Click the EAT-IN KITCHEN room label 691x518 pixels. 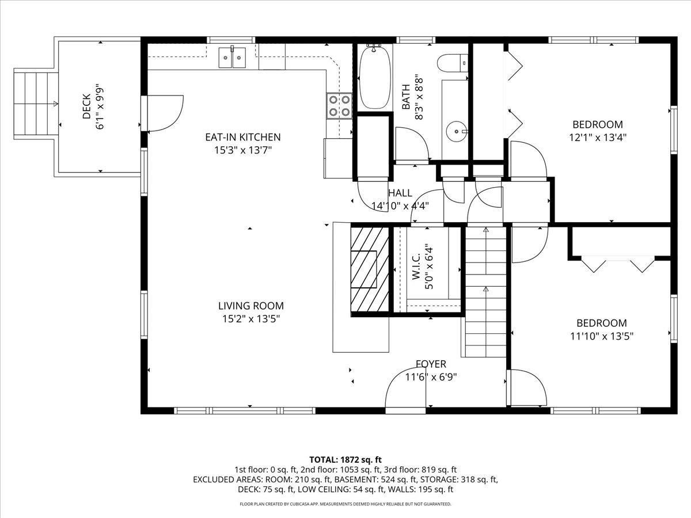pyautogui.click(x=243, y=137)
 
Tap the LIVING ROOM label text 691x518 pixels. pyautogui.click(x=250, y=306)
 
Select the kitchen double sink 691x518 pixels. pyautogui.click(x=232, y=57)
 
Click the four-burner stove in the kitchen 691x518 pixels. pyautogui.click(x=339, y=105)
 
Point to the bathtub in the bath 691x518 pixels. pyautogui.click(x=375, y=78)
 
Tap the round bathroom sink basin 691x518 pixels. pyautogui.click(x=458, y=131)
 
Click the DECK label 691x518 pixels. pyautogui.click(x=86, y=106)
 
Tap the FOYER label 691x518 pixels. pyautogui.click(x=431, y=364)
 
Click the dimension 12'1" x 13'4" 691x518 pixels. pyautogui.click(x=597, y=138)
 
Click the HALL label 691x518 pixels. pyautogui.click(x=400, y=193)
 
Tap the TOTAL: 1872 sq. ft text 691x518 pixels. pyautogui.click(x=345, y=459)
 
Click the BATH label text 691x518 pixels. pyautogui.click(x=406, y=98)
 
